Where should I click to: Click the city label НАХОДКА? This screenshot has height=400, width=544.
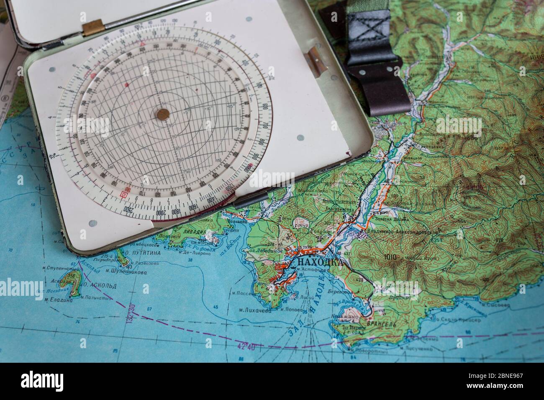coord(319,262)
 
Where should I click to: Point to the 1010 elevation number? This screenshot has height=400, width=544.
coord(389,256)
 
